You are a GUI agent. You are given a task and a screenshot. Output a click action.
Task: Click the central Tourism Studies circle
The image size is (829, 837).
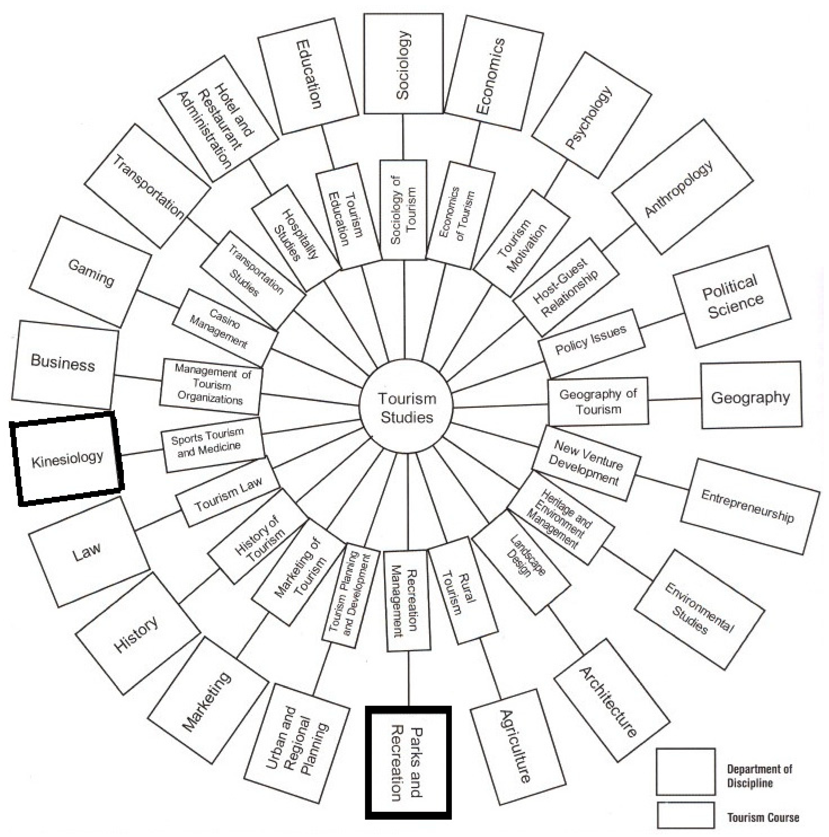pos(406,407)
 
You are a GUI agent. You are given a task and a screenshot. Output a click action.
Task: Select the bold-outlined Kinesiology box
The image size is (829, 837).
pos(67,458)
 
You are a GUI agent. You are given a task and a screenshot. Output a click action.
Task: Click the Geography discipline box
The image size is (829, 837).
pos(751,395)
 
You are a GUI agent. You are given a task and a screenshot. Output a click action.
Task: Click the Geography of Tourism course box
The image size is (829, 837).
pos(598,401)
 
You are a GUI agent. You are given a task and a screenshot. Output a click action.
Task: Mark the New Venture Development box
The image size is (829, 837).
pos(586,463)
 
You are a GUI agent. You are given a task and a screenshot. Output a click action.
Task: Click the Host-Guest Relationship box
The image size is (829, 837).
pos(565,288)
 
